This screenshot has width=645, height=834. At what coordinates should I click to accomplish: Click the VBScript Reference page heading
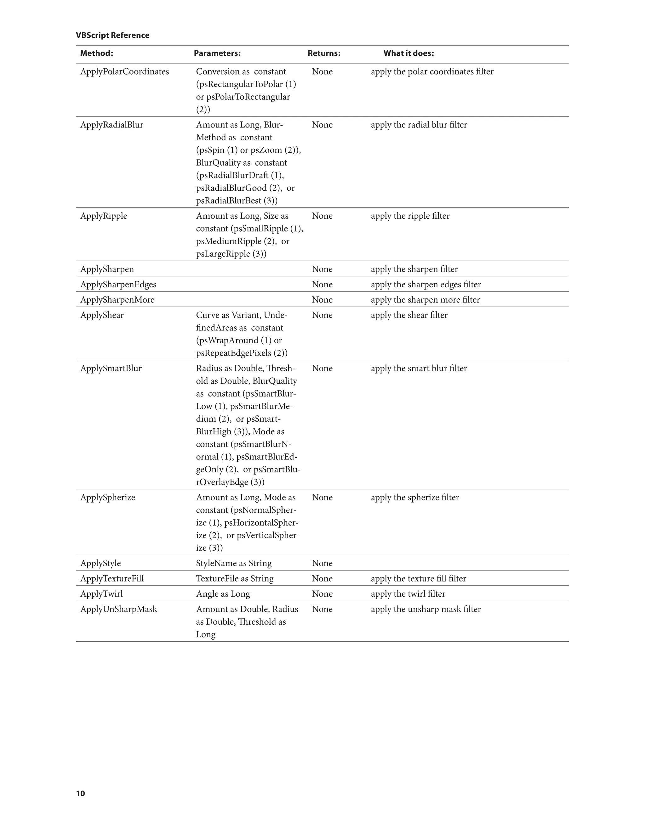click(x=112, y=35)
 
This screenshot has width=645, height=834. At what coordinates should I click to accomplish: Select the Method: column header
click(x=96, y=53)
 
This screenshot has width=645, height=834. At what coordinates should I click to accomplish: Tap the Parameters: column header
click(x=217, y=53)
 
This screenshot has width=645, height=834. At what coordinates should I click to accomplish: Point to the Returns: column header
click(x=324, y=53)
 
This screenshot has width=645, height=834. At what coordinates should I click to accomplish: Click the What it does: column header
click(x=408, y=53)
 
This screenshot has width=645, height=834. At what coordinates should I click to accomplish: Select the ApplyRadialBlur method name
click(x=111, y=125)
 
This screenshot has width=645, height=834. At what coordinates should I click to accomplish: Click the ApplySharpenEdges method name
click(x=118, y=284)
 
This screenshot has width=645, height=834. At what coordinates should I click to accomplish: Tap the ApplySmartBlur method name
click(x=111, y=368)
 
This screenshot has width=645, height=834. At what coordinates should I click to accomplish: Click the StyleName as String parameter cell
click(x=233, y=563)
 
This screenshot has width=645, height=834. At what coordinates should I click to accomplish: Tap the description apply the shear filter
click(x=409, y=315)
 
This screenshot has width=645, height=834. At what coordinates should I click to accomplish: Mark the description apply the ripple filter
click(x=410, y=216)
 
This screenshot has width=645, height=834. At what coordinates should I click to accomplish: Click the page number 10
click(x=80, y=793)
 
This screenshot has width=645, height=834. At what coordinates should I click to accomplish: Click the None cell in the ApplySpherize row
click(x=322, y=497)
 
